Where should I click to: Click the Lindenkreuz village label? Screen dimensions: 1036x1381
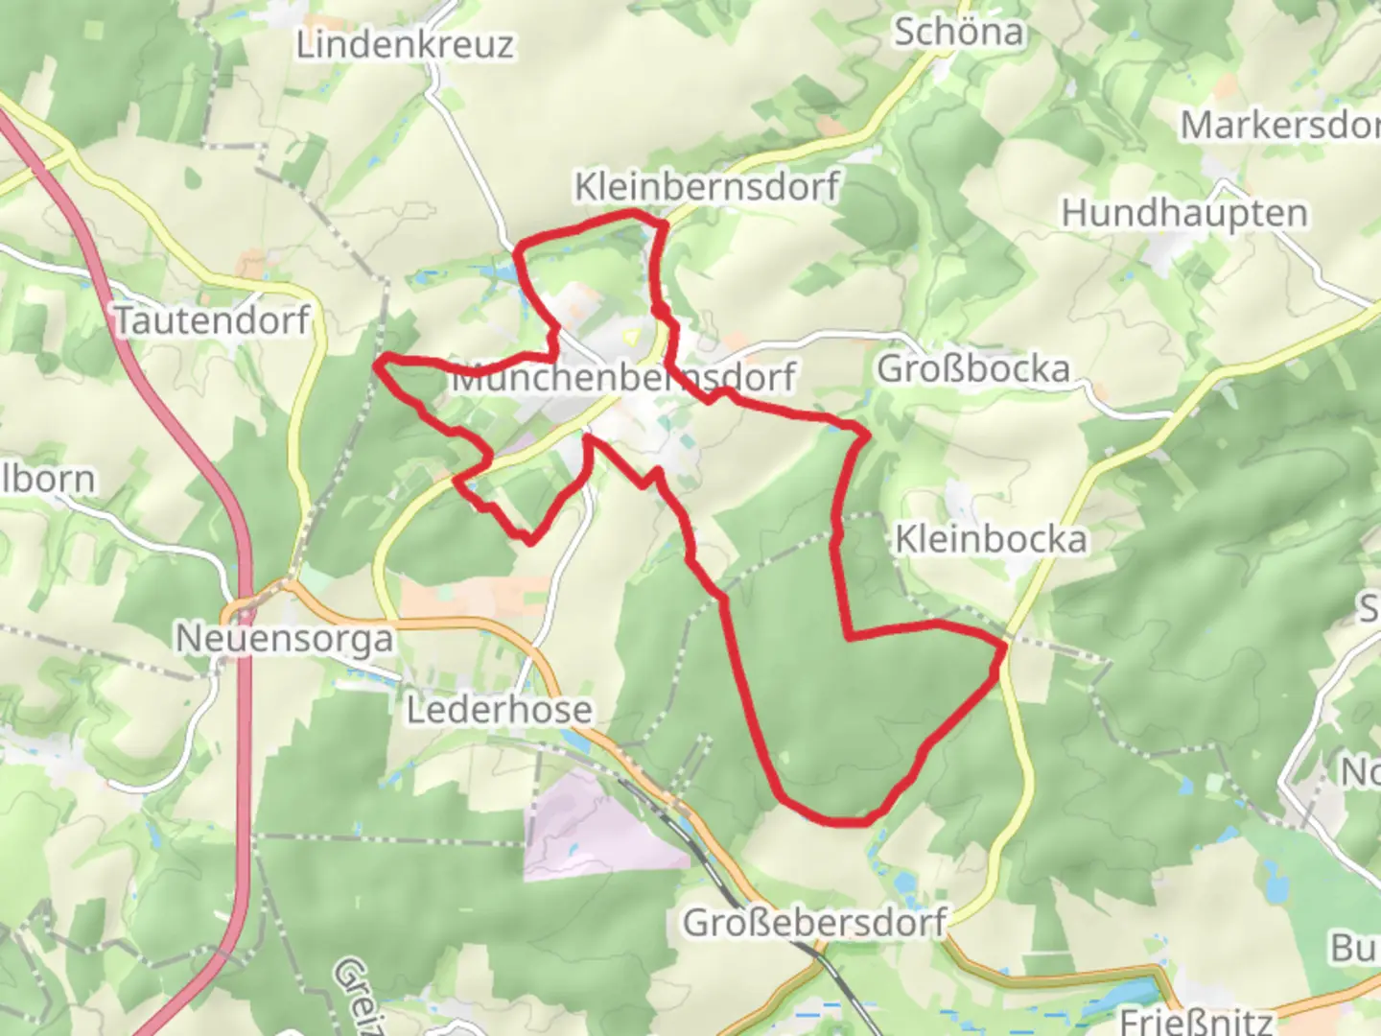coord(404,45)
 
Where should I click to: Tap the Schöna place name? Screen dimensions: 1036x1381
coord(958,33)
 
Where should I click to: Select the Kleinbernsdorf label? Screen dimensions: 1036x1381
coord(707,186)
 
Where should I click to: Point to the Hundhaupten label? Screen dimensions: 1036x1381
coord(1183,213)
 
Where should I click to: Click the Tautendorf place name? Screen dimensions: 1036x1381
coord(212,320)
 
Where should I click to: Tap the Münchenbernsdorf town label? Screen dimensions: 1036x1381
coord(622,378)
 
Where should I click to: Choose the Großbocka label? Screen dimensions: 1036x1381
coord(972,369)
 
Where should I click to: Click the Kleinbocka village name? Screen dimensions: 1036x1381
coord(991,539)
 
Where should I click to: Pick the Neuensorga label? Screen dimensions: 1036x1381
coord(284,639)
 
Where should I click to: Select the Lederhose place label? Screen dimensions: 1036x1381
coord(499,711)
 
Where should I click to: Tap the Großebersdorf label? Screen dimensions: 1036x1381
coord(814,923)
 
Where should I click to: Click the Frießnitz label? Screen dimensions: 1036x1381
coord(1196,1021)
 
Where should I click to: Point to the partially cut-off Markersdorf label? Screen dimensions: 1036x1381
coord(1279,126)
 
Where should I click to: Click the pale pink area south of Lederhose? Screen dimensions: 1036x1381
coord(595,825)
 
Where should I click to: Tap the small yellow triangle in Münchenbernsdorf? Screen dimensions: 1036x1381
coord(631,337)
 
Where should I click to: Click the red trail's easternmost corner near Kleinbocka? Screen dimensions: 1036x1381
coord(1004,649)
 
